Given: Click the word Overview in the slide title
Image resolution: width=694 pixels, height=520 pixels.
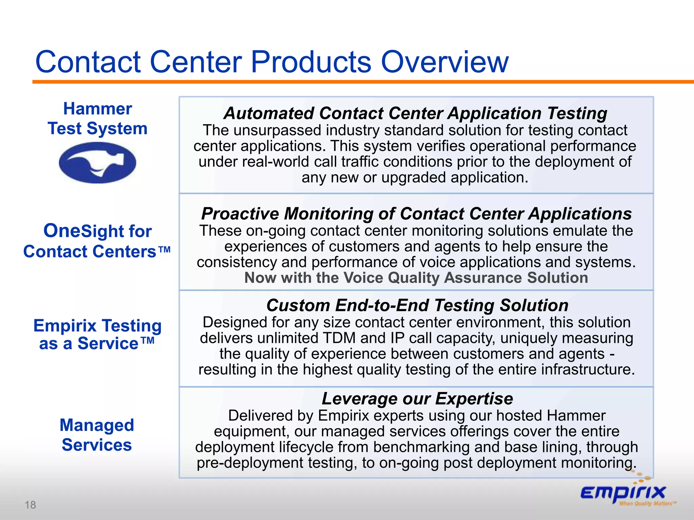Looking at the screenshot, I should [x=445, y=62].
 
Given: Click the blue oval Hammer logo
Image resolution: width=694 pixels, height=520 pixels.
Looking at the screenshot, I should [x=98, y=163].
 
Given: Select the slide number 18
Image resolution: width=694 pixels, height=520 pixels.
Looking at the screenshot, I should [x=30, y=505].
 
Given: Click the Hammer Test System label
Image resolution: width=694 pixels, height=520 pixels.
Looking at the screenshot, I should [x=98, y=119].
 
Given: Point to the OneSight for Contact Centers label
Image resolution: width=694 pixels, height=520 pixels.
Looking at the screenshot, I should [x=97, y=241].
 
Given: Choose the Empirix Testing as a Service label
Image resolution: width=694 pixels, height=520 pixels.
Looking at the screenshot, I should [x=98, y=334].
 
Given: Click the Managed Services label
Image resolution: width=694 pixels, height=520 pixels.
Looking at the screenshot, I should [x=97, y=435].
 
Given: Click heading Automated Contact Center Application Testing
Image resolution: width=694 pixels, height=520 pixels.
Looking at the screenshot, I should [x=415, y=113].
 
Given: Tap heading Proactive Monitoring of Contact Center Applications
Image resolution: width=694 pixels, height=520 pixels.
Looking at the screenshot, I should [x=416, y=214].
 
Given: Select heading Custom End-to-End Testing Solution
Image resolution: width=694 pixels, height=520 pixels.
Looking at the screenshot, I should [x=417, y=305].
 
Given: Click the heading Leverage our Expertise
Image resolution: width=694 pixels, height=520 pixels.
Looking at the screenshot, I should [x=417, y=398].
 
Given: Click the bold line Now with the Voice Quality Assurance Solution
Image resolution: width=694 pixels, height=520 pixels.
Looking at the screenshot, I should [x=416, y=278].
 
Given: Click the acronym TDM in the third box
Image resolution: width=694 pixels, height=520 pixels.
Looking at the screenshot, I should [x=339, y=338].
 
